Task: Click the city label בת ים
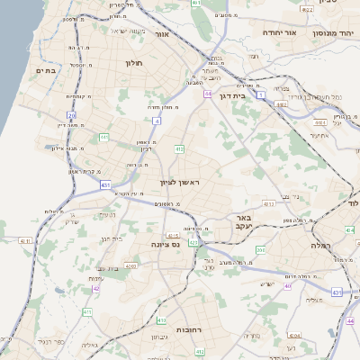tap(45, 70)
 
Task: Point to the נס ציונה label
tap(162, 244)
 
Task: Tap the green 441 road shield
tap(103, 137)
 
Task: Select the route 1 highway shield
tap(261, 94)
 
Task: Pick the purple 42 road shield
tap(95, 289)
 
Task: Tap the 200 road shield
tap(260, 250)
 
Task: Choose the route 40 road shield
tap(288, 286)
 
